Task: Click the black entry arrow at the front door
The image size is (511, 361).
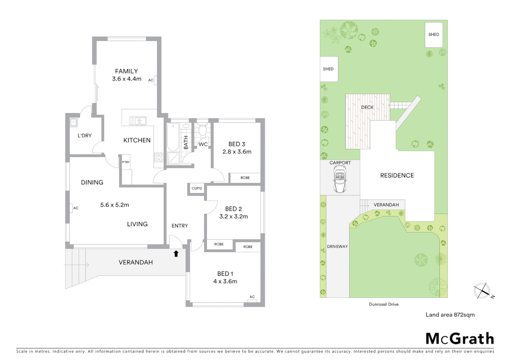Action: pyautogui.click(x=176, y=254)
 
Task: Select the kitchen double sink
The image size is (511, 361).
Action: pyautogui.click(x=138, y=120)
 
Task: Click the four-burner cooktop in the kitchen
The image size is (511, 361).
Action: pyautogui.click(x=159, y=157)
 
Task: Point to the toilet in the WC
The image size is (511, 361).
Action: pyautogui.click(x=202, y=130)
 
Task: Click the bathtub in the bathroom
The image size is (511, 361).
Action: pyautogui.click(x=173, y=137)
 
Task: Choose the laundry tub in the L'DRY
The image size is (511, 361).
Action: pyautogui.click(x=74, y=122)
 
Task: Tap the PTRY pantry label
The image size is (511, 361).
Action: pyautogui.click(x=126, y=162)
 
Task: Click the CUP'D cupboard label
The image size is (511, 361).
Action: pyautogui.click(x=197, y=189)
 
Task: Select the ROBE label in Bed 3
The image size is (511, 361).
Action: pyautogui.click(x=245, y=178)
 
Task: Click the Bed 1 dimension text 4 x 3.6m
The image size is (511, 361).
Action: pyautogui.click(x=225, y=281)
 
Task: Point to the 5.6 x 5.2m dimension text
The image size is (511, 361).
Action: pyautogui.click(x=114, y=205)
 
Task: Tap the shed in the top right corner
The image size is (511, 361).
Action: pyautogui.click(x=433, y=35)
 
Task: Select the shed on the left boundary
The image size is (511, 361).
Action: pyautogui.click(x=328, y=69)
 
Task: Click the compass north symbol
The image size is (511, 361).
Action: pyautogui.click(x=482, y=290)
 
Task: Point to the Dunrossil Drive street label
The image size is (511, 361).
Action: pyautogui.click(x=384, y=305)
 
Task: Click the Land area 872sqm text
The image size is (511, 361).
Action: pyautogui.click(x=450, y=315)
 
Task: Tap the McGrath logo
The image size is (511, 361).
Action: pyautogui.click(x=459, y=339)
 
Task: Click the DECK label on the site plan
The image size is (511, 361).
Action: pyautogui.click(x=367, y=107)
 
